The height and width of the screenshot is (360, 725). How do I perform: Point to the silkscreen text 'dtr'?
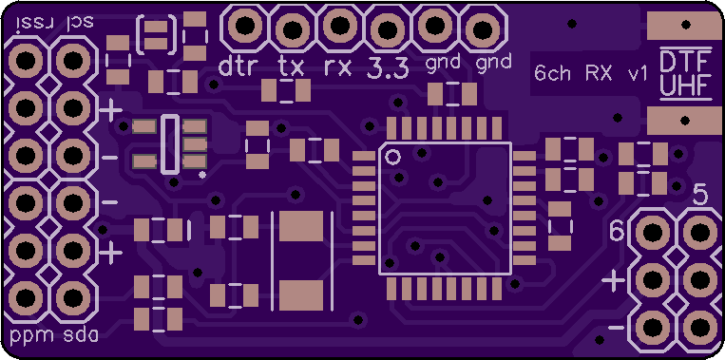tap(236, 66)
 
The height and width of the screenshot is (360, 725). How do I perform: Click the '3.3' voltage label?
tap(388, 67)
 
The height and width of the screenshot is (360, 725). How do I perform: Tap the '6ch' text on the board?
tap(552, 73)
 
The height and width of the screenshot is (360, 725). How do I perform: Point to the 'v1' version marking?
tap(637, 73)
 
